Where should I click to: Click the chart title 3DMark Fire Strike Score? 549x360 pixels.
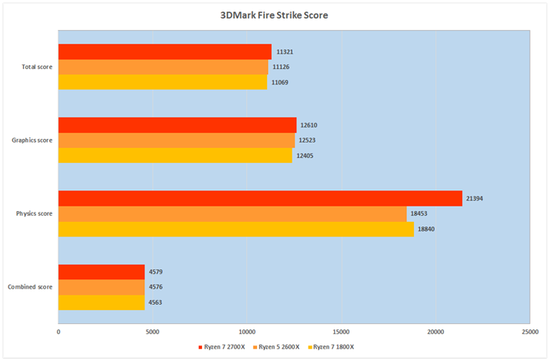click(274, 15)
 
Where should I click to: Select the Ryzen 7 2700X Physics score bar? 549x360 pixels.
click(260, 198)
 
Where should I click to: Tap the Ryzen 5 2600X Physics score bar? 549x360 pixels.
click(232, 213)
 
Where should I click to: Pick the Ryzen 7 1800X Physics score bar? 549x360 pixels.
click(236, 229)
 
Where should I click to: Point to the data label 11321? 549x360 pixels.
click(286, 52)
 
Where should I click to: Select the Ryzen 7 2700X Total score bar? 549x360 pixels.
click(164, 52)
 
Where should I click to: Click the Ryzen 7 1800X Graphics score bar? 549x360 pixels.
click(175, 156)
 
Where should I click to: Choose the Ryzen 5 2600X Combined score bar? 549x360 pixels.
click(101, 287)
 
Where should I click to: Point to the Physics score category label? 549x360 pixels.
click(34, 213)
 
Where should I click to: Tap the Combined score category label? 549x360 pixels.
click(30, 287)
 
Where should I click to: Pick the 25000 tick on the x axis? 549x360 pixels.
click(529, 332)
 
